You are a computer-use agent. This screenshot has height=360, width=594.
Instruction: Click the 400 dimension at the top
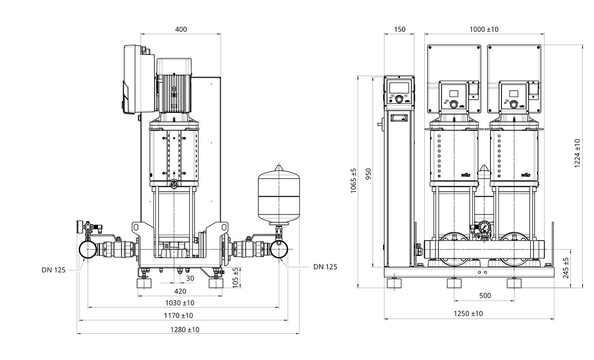click(x=181, y=29)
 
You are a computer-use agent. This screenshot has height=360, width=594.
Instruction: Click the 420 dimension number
click(x=180, y=291)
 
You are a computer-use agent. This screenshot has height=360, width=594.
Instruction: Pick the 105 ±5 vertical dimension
click(x=236, y=277)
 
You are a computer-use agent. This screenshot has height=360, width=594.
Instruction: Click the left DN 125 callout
click(x=53, y=270)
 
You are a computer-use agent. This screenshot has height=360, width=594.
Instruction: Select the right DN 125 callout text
click(x=325, y=266)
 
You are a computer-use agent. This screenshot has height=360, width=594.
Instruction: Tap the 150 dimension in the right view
click(x=399, y=29)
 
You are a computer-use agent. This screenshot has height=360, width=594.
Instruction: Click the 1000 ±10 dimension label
click(x=484, y=29)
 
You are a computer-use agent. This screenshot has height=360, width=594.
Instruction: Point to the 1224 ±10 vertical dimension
click(x=577, y=154)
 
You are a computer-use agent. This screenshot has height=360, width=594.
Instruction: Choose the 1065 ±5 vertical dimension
click(x=353, y=181)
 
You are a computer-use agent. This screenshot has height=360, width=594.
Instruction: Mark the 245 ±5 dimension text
click(x=566, y=268)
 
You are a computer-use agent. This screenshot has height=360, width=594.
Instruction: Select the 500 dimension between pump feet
click(x=485, y=296)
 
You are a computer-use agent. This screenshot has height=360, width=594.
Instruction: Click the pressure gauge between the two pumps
click(x=484, y=228)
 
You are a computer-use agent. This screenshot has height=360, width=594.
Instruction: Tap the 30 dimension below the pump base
click(x=191, y=278)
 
